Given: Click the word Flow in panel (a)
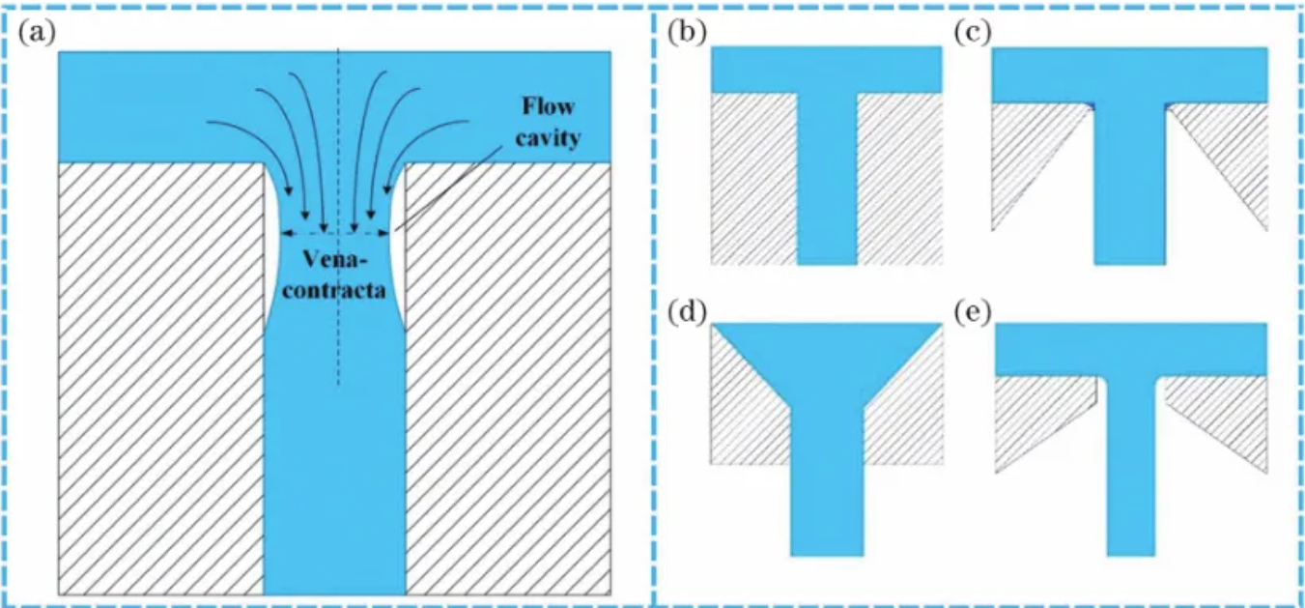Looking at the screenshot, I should point(548,107).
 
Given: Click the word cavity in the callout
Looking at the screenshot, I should point(548,137).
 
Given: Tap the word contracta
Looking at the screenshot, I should point(335,287).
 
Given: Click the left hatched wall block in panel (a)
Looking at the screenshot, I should point(160,377).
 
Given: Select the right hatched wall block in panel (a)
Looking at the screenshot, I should point(509,377).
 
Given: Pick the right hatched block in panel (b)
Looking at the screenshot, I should point(899,179).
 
